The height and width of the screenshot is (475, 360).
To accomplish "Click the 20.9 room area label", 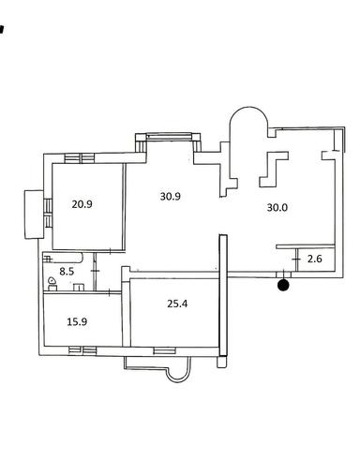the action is pyautogui.click(x=82, y=204).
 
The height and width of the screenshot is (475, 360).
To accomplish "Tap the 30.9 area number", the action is pyautogui.click(x=171, y=197).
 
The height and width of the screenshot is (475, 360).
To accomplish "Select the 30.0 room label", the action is pyautogui.click(x=277, y=207).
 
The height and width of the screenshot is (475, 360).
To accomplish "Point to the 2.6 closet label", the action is pyautogui.click(x=315, y=259).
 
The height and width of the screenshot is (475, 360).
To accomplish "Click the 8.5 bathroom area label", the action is pyautogui.click(x=67, y=272).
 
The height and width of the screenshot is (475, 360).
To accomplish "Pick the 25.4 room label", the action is pyautogui.click(x=177, y=304).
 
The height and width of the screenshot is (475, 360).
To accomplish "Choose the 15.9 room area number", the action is pyautogui.click(x=77, y=321).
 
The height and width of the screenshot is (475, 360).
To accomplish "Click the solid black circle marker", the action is pyautogui.click(x=284, y=285).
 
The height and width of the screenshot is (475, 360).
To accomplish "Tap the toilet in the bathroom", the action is pyautogui.click(x=52, y=285).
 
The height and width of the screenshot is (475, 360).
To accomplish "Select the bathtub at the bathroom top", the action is pyautogui.click(x=63, y=259).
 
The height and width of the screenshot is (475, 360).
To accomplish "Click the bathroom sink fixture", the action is pyautogui.click(x=79, y=287).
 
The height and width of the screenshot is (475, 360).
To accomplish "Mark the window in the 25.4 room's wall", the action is pyautogui.click(x=165, y=350).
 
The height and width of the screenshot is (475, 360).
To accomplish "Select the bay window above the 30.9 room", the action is pyautogui.click(x=169, y=137).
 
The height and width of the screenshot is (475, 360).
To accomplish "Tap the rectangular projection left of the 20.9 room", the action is pyautogui.click(x=34, y=215).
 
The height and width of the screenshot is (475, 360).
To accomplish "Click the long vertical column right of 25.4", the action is pyautogui.click(x=223, y=296).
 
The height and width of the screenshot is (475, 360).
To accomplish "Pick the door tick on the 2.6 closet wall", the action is pyautogui.click(x=296, y=260).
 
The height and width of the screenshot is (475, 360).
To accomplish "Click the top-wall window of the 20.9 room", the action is pyautogui.click(x=80, y=158).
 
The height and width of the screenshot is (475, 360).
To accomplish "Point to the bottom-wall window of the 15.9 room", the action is pyautogui.click(x=82, y=350).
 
